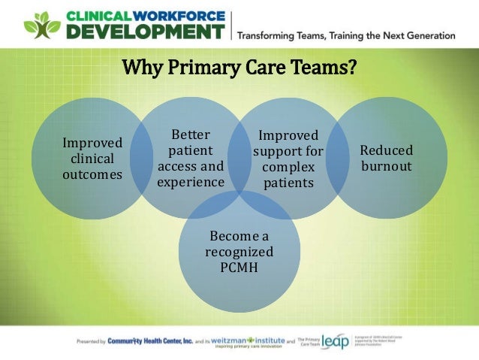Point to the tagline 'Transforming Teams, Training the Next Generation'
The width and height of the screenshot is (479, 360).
[x=346, y=35]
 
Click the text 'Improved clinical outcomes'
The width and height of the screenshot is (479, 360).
[x=92, y=159]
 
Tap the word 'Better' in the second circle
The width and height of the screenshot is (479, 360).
[x=191, y=135]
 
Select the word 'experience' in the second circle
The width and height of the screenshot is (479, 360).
[x=191, y=182]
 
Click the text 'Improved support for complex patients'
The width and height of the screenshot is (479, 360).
[x=288, y=159]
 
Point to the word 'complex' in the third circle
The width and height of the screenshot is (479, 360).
[x=288, y=167]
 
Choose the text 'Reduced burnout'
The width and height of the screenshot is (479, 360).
[x=387, y=159]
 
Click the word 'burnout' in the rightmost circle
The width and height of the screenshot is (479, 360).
[x=387, y=166]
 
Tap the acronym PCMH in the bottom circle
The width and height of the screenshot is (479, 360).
[x=239, y=267]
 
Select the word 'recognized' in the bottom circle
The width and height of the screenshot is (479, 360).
[x=239, y=252]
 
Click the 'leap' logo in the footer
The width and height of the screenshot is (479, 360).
[x=335, y=342]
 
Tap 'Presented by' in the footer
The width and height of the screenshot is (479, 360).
[x=90, y=342]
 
